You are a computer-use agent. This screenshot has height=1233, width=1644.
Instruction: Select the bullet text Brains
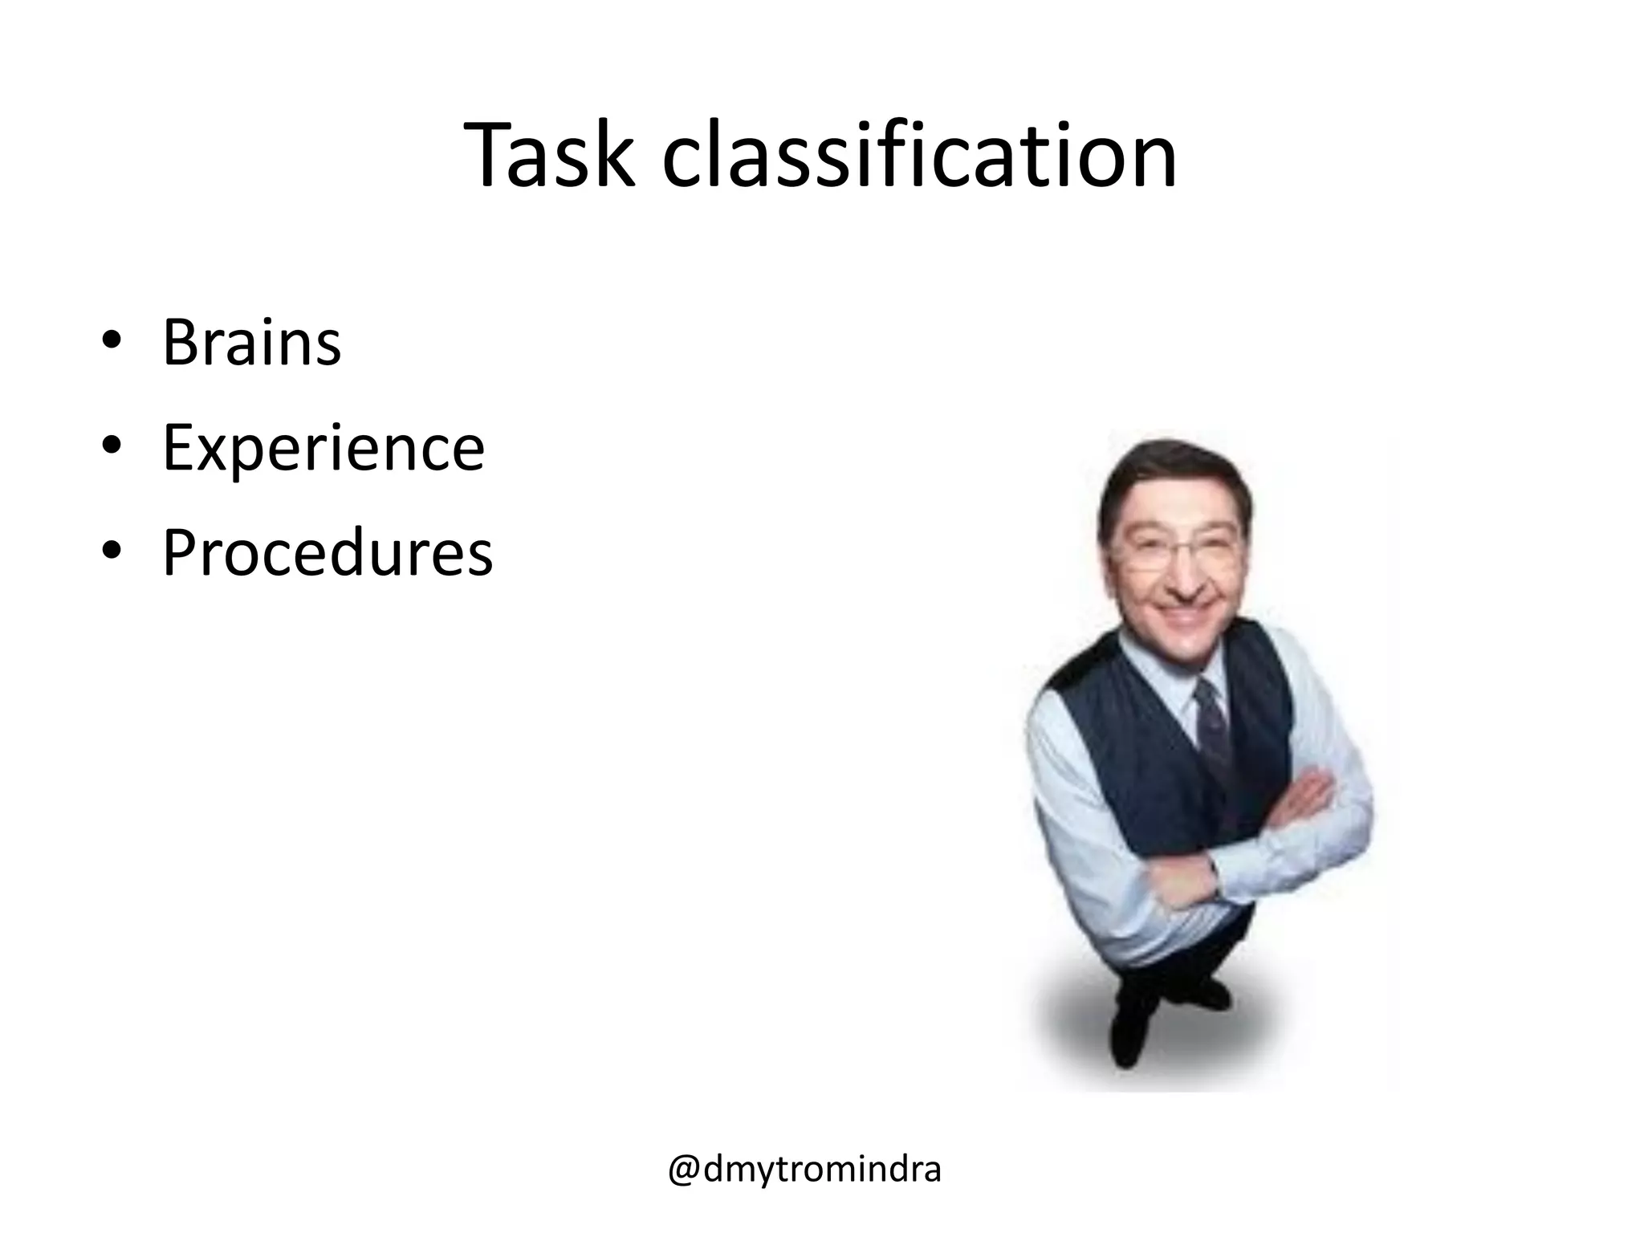(252, 343)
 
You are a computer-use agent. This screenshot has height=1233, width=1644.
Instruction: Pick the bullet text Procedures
(328, 553)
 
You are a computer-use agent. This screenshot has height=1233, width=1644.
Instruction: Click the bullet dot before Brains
(112, 340)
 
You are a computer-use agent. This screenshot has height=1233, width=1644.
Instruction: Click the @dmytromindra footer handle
(804, 1170)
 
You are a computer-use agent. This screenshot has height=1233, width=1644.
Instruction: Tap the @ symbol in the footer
(685, 1170)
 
